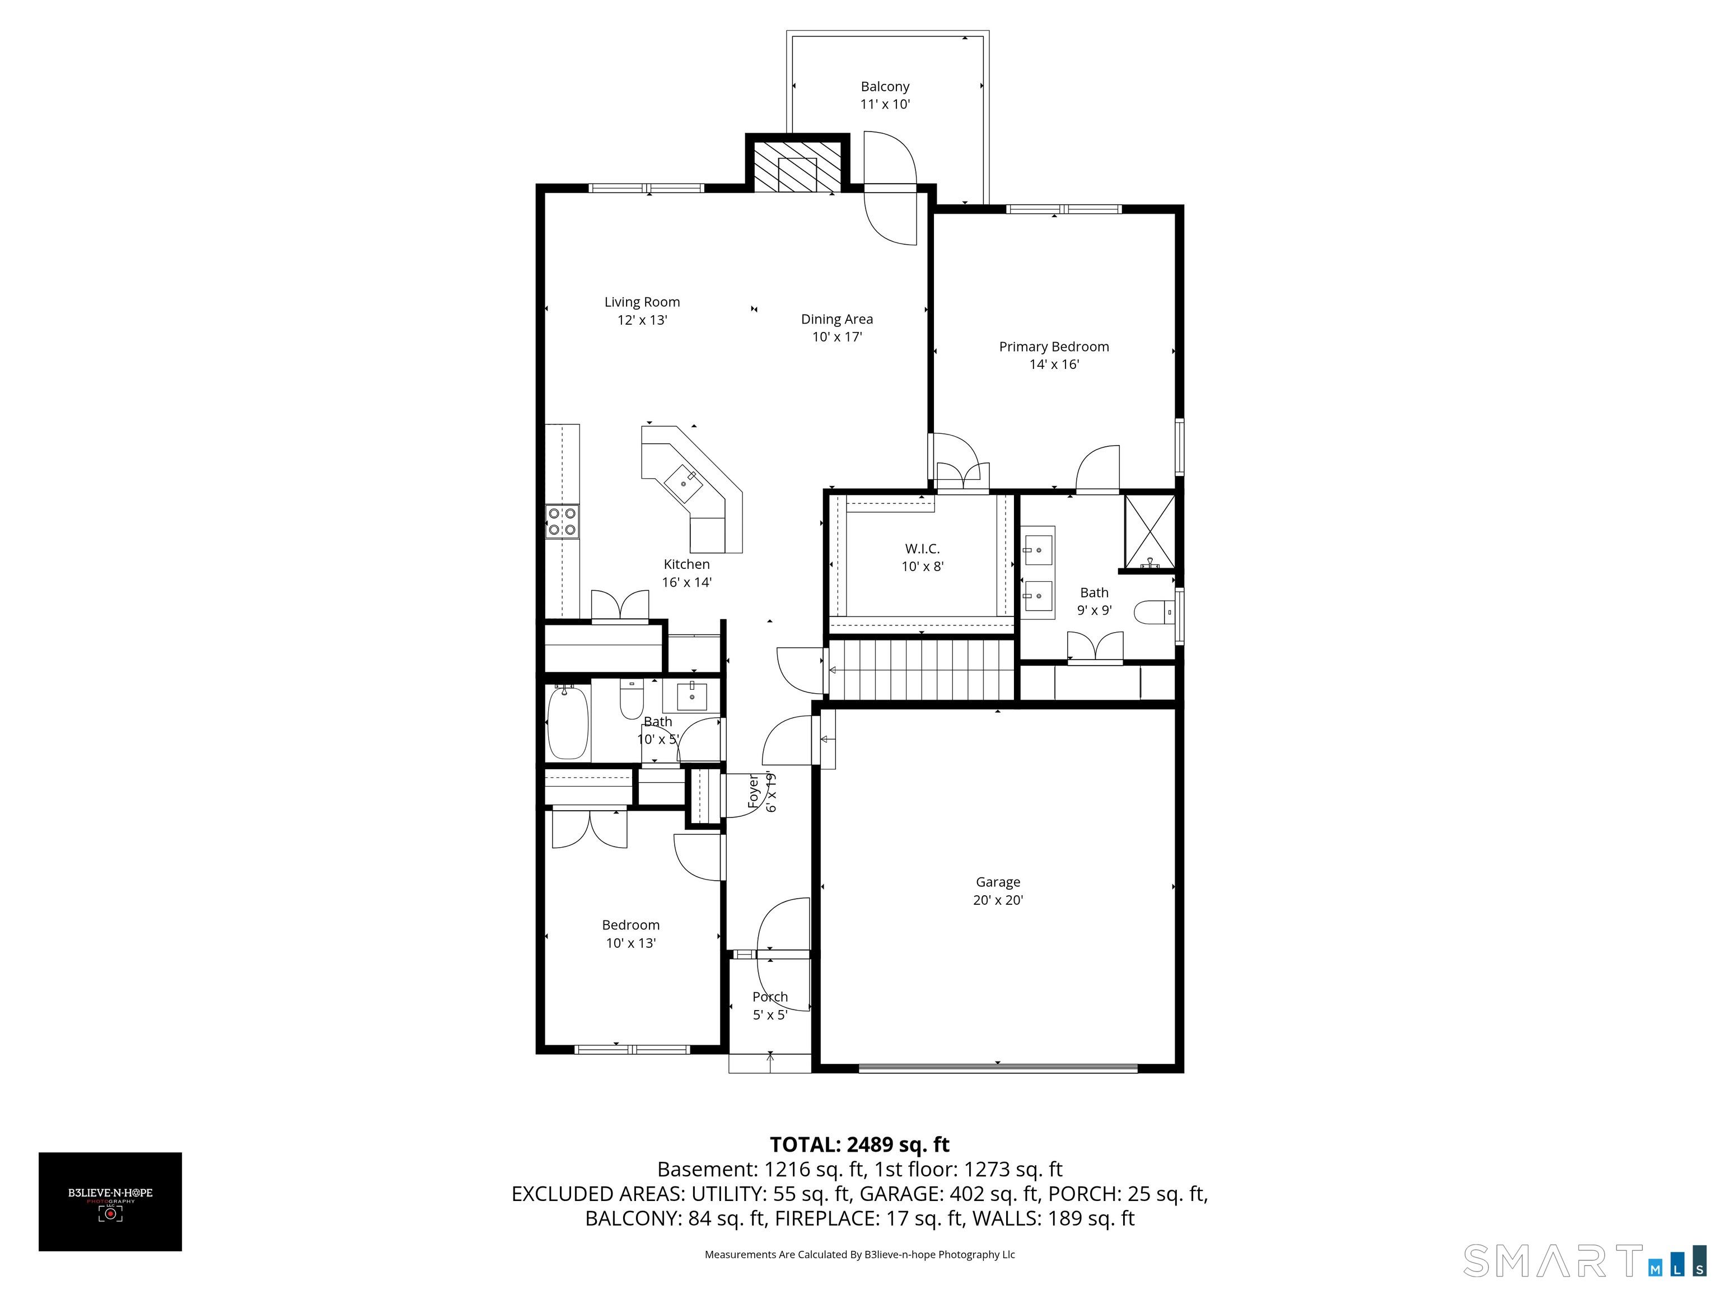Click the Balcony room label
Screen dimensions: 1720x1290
pyautogui.click(x=885, y=86)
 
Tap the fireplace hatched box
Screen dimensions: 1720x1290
pyautogui.click(x=798, y=166)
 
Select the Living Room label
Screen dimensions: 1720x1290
pyautogui.click(x=642, y=302)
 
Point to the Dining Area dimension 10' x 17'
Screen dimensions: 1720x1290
pyautogui.click(x=838, y=336)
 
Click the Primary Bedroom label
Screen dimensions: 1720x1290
pyautogui.click(x=1054, y=347)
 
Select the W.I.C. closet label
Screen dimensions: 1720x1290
pyautogui.click(x=922, y=549)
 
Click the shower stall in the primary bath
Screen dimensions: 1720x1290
pyautogui.click(x=1150, y=531)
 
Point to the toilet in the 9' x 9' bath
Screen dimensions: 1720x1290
pyautogui.click(x=1154, y=613)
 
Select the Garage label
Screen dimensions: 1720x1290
pyautogui.click(x=998, y=882)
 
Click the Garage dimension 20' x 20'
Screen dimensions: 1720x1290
pyautogui.click(x=998, y=900)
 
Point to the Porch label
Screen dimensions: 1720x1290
pyautogui.click(x=770, y=997)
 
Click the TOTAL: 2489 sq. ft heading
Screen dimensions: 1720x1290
pyautogui.click(x=859, y=1144)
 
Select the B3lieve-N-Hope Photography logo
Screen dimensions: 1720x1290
pyautogui.click(x=110, y=1202)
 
